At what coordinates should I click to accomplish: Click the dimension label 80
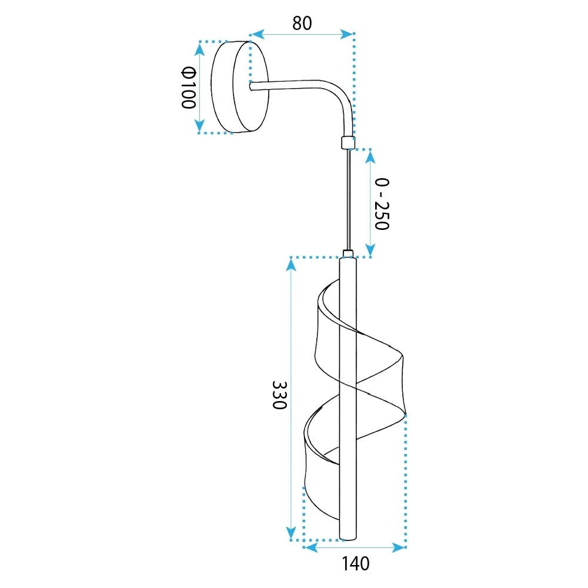[x=302, y=24]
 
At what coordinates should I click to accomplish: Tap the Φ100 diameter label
[x=189, y=88]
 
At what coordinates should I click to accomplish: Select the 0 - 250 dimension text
[x=382, y=204]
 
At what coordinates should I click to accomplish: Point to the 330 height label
[x=279, y=395]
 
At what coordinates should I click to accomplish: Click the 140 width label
[x=356, y=564]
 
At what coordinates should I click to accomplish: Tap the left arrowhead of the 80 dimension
[x=258, y=34]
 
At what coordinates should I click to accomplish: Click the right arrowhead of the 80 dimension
[x=346, y=34]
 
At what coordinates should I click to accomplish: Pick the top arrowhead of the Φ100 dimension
[x=199, y=49]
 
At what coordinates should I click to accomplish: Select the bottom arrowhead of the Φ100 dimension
[x=199, y=125]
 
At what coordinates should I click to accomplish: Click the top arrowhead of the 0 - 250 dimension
[x=370, y=157]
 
